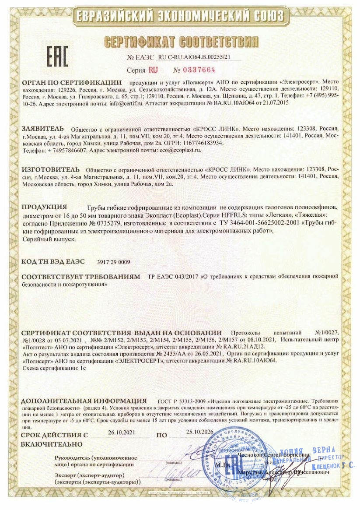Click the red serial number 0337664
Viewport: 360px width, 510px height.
(199, 70)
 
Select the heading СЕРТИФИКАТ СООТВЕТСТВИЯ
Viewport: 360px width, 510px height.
(181, 42)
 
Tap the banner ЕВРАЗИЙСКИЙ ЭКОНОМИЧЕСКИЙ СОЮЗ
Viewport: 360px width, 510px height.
(180, 17)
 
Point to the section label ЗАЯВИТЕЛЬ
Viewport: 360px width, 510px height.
(42, 129)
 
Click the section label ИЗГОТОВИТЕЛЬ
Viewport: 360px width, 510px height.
(50, 169)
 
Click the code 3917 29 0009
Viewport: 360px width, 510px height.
(113, 262)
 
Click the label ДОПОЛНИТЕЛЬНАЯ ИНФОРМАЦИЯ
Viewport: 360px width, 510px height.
(84, 401)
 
